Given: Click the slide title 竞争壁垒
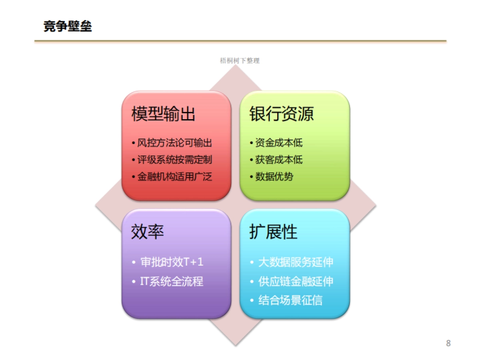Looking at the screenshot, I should (68, 26).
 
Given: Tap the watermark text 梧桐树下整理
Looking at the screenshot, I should (240, 61).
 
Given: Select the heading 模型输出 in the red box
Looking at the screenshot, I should (164, 114).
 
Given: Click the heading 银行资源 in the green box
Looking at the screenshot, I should (282, 114).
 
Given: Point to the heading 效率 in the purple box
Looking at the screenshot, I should (148, 232).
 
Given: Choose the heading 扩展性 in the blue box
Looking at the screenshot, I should (274, 232).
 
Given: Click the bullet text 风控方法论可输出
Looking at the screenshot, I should (174, 143).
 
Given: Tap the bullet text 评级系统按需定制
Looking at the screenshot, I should (174, 160).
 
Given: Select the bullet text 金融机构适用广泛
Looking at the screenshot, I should (174, 176).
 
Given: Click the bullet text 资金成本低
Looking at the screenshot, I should (279, 143).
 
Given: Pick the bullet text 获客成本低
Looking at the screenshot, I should (279, 160).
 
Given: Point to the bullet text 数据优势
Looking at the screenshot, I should (274, 176).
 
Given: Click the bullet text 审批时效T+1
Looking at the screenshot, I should (172, 262).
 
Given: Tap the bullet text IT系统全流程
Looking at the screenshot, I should (172, 281).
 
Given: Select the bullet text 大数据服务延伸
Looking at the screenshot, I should (296, 262).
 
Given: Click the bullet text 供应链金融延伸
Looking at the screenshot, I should (296, 281).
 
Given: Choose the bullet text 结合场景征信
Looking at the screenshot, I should (290, 300).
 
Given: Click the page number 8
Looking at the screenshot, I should (448, 343).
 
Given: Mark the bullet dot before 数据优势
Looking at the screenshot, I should (251, 176).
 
